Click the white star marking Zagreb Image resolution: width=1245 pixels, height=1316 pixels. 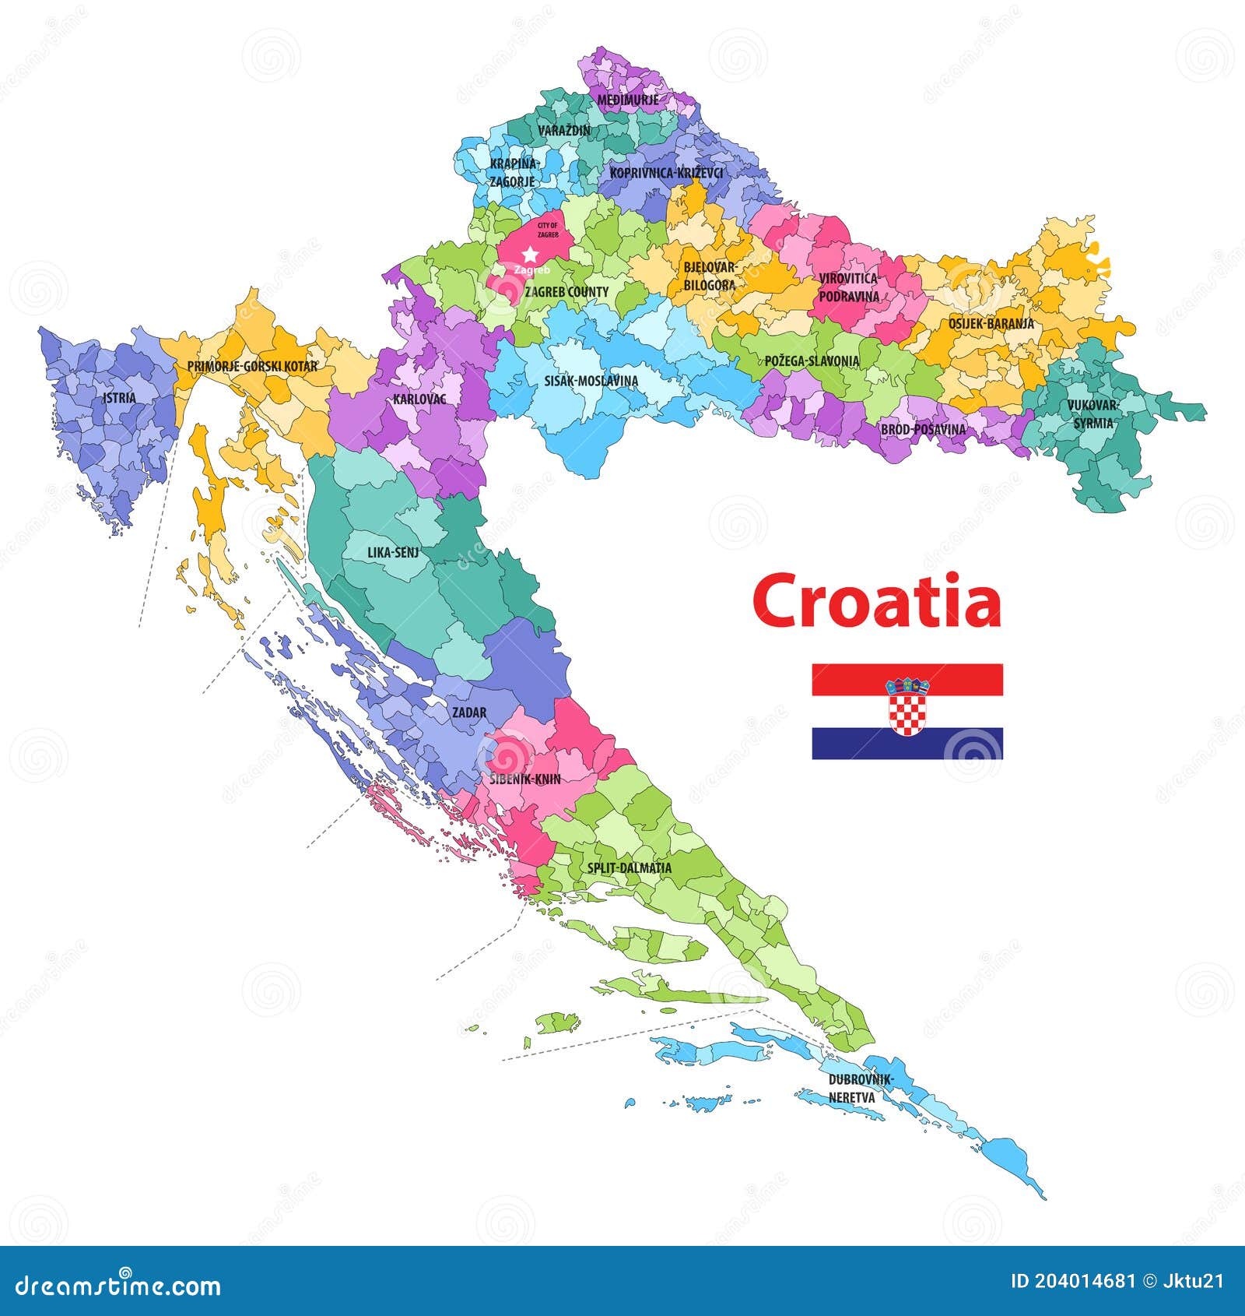[530, 254]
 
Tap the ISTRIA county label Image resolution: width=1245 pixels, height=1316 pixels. [119, 398]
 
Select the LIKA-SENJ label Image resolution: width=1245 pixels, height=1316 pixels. [393, 553]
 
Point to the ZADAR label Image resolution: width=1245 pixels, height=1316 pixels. [469, 713]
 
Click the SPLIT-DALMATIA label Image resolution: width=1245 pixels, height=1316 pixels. [629, 867]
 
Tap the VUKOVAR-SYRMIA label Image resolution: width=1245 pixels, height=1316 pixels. [1093, 414]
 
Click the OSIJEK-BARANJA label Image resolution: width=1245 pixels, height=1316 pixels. [991, 324]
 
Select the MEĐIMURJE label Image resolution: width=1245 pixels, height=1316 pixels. [627, 100]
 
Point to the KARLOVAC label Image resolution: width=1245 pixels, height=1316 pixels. [419, 399]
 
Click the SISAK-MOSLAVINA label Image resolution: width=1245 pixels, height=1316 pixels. [591, 381]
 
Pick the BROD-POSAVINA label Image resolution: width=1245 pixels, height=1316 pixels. [923, 429]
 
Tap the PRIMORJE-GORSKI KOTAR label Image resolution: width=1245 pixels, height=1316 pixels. [252, 365]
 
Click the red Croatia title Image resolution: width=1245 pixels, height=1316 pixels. [876, 602]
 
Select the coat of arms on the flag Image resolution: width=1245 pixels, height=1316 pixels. [907, 706]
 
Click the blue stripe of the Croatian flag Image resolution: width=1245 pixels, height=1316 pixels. [848, 744]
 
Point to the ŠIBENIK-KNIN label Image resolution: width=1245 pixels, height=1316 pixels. [525, 779]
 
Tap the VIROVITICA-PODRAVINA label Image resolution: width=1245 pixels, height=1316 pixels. [849, 287]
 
